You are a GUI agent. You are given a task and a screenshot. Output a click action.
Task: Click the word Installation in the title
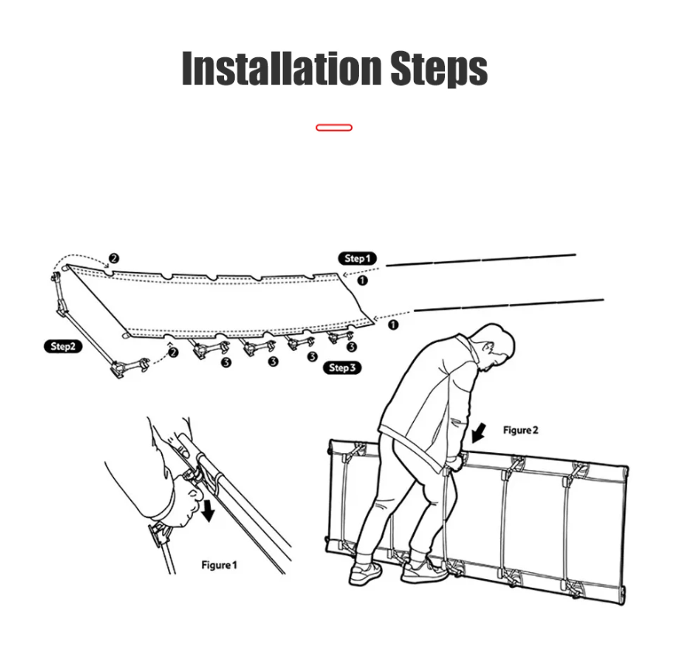click(x=282, y=68)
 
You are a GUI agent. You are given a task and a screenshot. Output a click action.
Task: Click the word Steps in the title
click(x=439, y=69)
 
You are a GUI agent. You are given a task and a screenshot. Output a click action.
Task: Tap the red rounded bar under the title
click(x=334, y=127)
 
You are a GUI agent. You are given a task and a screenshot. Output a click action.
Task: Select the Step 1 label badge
click(x=357, y=259)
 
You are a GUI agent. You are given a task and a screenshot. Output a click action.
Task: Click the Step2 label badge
click(x=64, y=347)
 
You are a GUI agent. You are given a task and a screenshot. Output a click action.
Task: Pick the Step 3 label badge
click(x=342, y=368)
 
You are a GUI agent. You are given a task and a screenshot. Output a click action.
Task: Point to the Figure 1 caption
click(x=219, y=565)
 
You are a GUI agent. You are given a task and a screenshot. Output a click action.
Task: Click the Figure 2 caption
click(x=521, y=430)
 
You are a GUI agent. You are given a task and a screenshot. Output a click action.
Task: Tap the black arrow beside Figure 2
click(x=478, y=433)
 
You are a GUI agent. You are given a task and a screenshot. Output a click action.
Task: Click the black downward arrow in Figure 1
click(x=209, y=510)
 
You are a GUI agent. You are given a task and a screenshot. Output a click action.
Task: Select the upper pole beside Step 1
click(x=481, y=259)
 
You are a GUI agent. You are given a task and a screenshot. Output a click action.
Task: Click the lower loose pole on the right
click(x=508, y=304)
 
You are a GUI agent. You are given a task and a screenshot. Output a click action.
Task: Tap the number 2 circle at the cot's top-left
click(x=113, y=259)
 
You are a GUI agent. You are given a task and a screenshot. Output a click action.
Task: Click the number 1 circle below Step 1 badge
click(x=362, y=280)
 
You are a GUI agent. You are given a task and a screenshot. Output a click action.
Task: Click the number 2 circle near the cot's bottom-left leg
click(x=173, y=352)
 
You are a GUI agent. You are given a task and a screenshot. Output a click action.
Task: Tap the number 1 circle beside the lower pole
click(x=393, y=324)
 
